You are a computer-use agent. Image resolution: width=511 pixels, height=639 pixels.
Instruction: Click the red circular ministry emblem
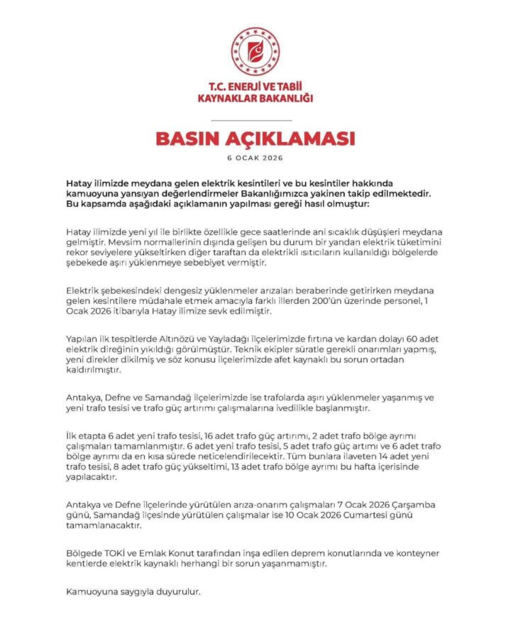pyautogui.click(x=255, y=52)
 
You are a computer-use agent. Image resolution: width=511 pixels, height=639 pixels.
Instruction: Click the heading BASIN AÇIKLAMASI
pyautogui.click(x=255, y=138)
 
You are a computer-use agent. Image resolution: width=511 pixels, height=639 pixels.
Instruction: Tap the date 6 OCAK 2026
pyautogui.click(x=255, y=158)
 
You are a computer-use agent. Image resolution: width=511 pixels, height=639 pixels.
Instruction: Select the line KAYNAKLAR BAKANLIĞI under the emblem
pyautogui.click(x=255, y=99)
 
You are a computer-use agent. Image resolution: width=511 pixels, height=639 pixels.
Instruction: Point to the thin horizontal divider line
pyautogui.click(x=255, y=119)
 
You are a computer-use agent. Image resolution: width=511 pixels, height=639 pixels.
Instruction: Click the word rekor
pyautogui.click(x=77, y=253)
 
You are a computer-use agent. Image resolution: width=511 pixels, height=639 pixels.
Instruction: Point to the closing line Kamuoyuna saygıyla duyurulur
pyautogui.click(x=133, y=591)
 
